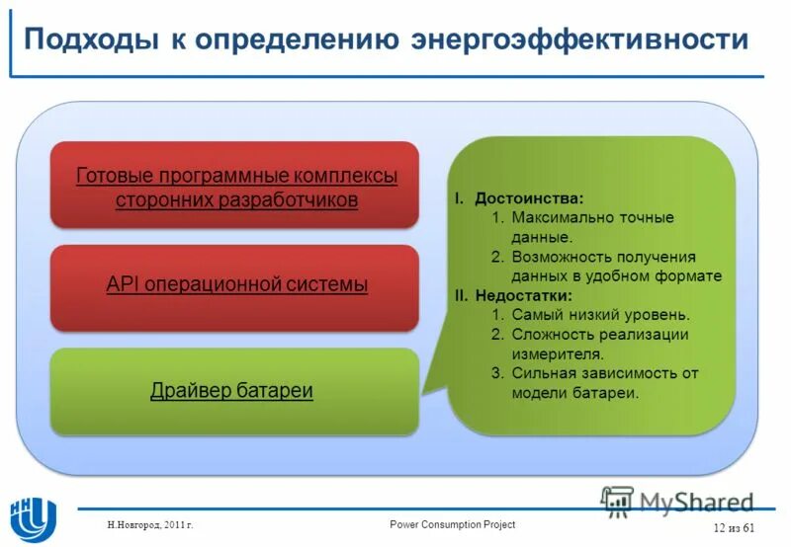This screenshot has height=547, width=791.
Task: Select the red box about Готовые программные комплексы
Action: pos(235,186)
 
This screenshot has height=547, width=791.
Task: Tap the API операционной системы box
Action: pos(235,286)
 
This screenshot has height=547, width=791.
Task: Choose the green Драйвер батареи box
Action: pos(235,391)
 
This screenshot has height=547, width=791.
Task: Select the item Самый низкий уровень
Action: pos(600,315)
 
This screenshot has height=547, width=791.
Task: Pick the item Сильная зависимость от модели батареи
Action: pos(603,382)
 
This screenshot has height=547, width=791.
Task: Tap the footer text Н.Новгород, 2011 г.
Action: pos(150,525)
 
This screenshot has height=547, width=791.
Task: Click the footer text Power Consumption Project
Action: pos(452,524)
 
